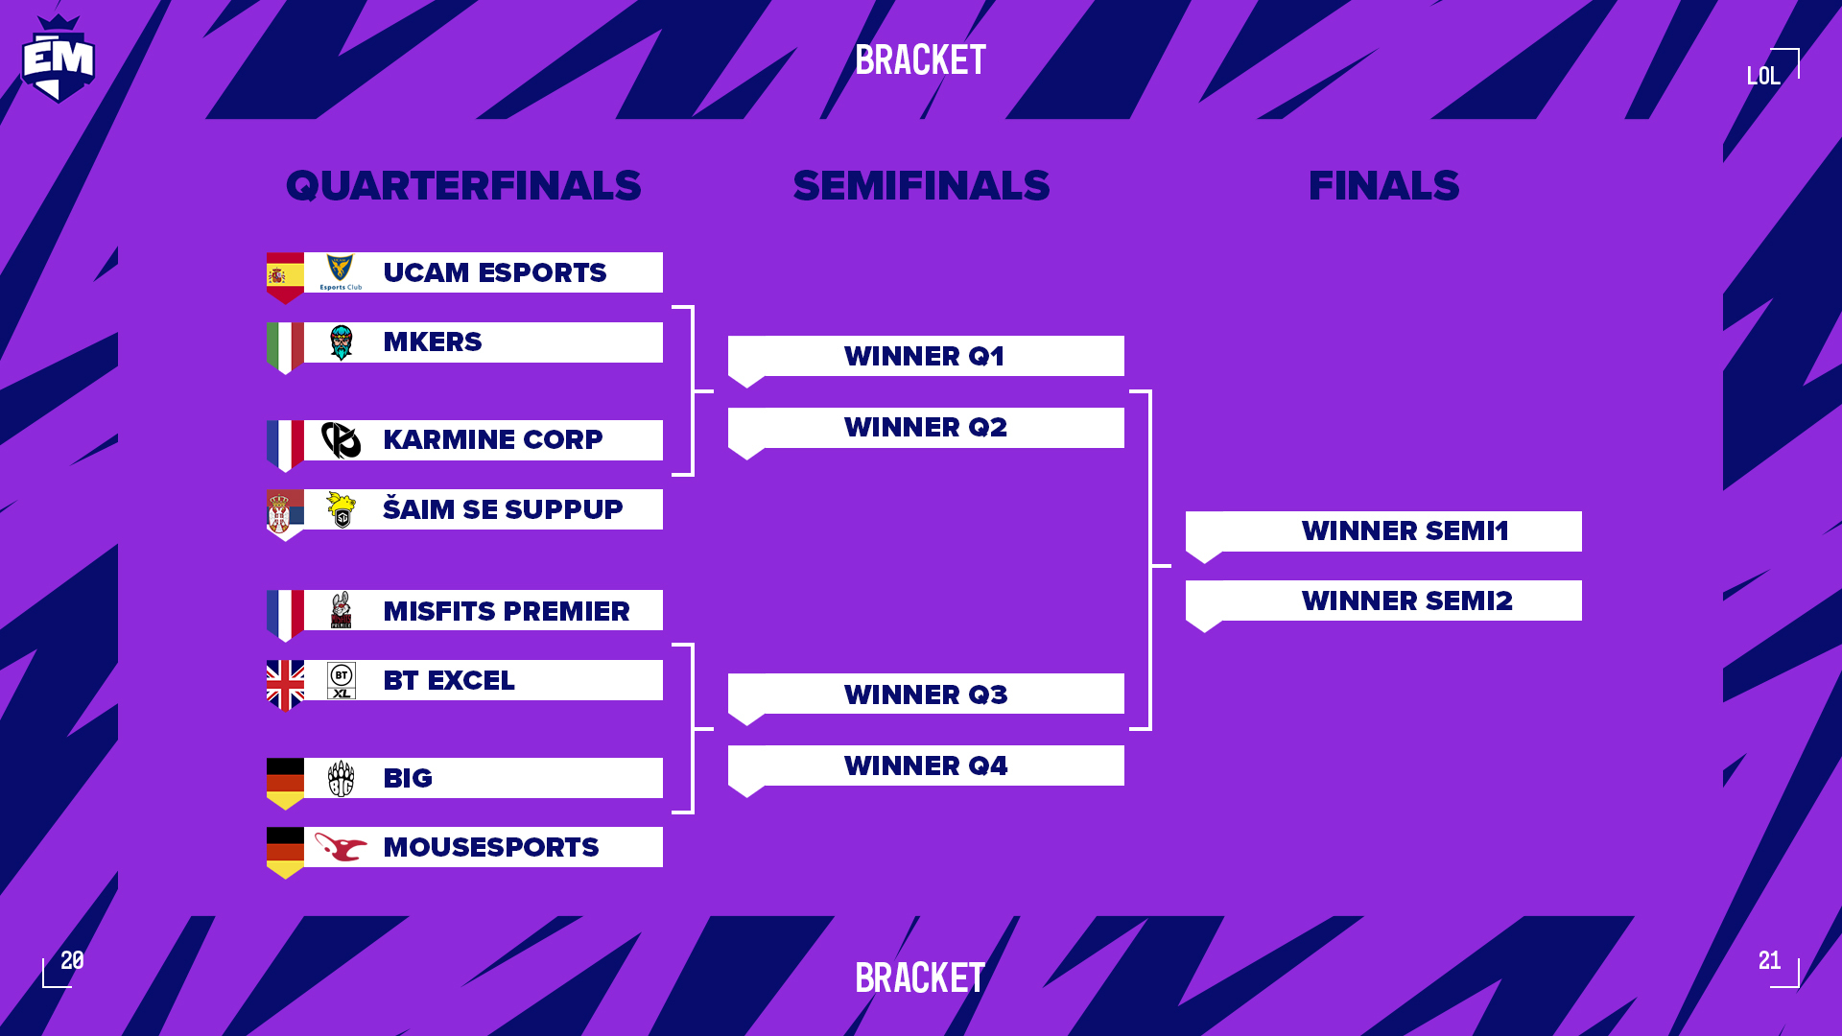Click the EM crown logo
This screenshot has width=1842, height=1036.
coord(58,59)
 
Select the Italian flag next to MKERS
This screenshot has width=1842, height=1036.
coord(285,348)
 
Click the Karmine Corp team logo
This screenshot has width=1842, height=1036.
coord(341,440)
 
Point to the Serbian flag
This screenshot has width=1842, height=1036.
coord(285,515)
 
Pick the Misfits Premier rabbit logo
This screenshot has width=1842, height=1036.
coord(341,610)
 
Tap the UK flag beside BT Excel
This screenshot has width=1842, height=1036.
coord(285,686)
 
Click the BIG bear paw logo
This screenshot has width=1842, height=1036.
coord(341,778)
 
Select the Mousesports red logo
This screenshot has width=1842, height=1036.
coord(341,847)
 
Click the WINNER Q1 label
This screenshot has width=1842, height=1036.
coord(925,356)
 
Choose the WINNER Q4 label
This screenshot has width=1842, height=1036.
coord(926,765)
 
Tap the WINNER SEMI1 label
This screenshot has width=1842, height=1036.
coord(1405,530)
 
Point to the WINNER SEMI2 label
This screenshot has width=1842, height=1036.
coord(1407,600)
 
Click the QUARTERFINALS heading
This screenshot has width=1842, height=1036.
coord(463,185)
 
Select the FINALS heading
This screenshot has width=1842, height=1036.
coord(1383,185)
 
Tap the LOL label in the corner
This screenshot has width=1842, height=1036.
coord(1763,76)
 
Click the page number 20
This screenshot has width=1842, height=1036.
coord(72,960)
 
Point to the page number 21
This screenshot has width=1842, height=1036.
coord(1770,960)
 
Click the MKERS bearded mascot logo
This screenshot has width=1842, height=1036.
coord(341,342)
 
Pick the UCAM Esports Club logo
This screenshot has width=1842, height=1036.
coord(341,272)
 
